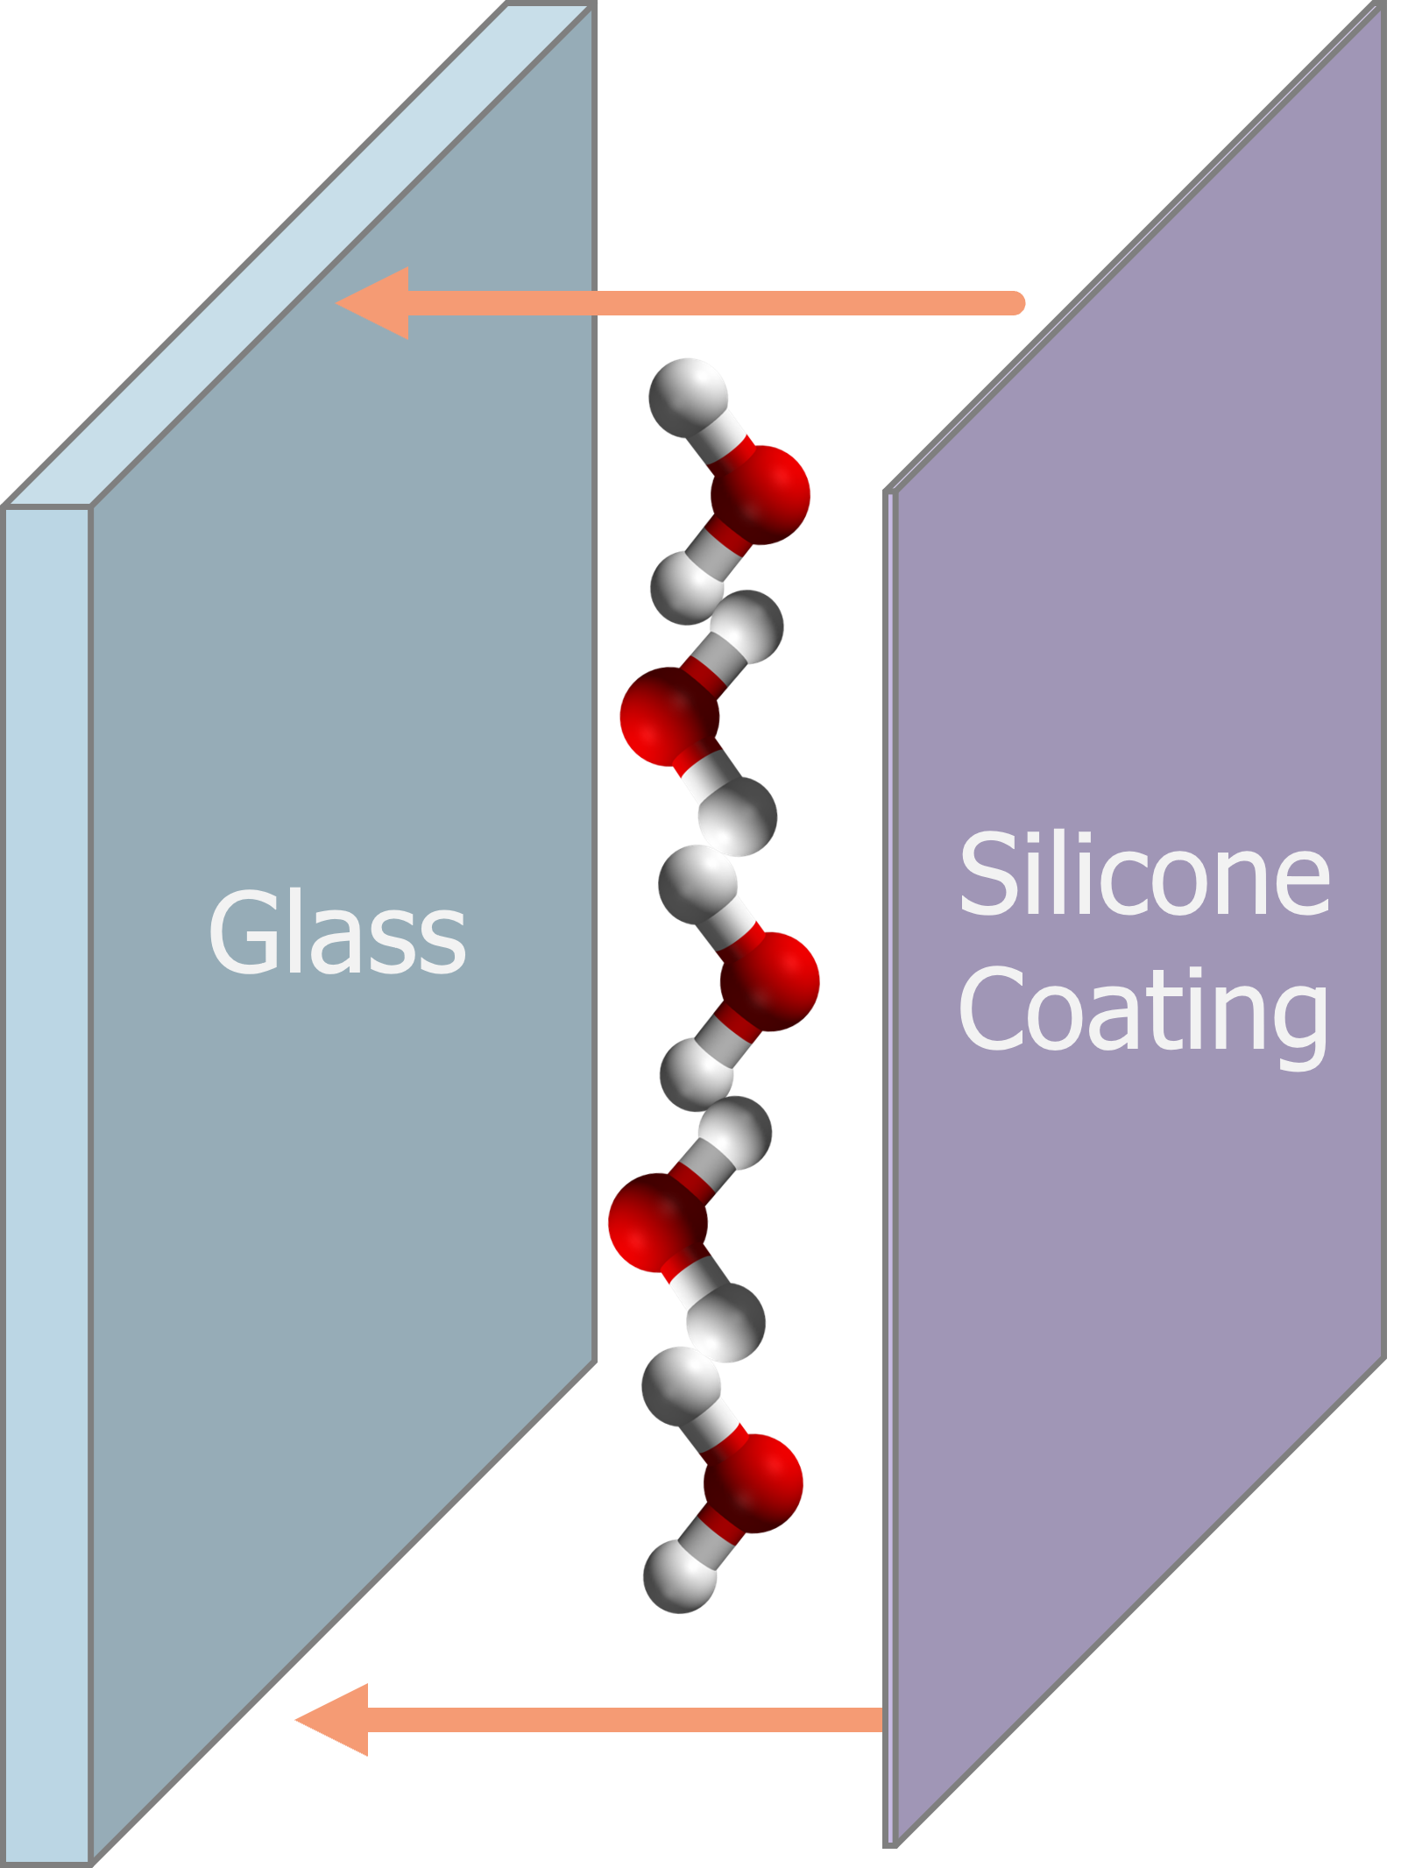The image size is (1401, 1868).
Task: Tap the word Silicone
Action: [1144, 875]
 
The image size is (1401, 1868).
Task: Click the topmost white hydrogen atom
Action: [688, 394]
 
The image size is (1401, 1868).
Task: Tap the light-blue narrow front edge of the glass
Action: [46, 1139]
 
